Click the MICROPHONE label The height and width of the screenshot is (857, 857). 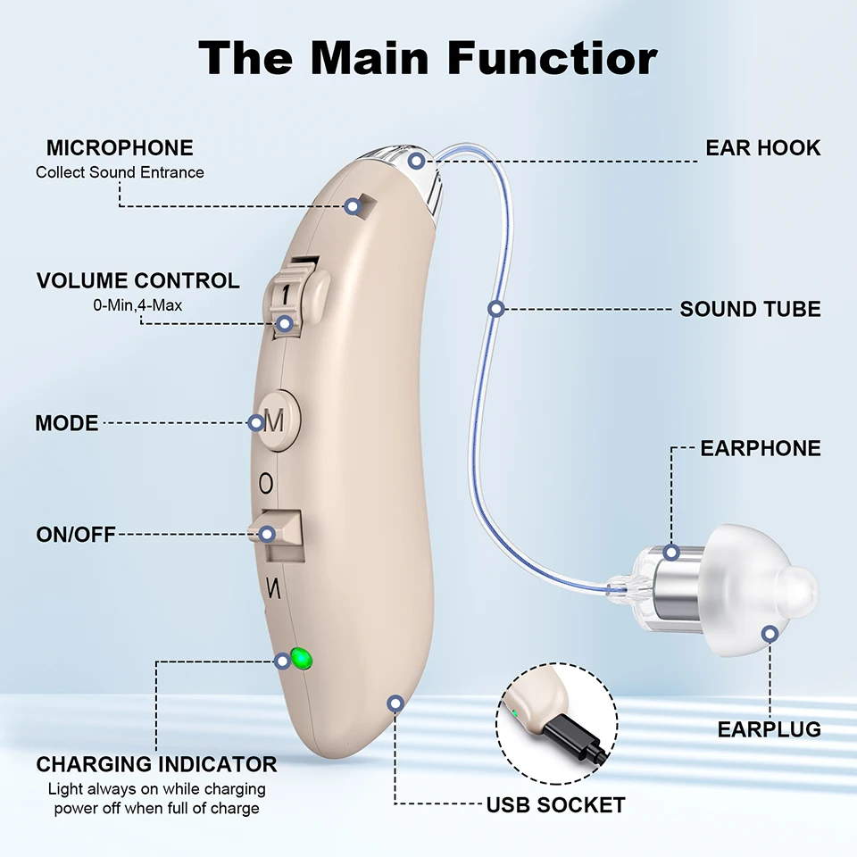pyautogui.click(x=120, y=147)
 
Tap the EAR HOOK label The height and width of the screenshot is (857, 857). pyautogui.click(x=762, y=147)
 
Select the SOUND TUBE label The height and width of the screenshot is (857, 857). pyautogui.click(x=750, y=309)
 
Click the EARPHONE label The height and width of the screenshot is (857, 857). pyautogui.click(x=760, y=448)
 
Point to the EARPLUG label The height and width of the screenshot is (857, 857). pyautogui.click(x=769, y=729)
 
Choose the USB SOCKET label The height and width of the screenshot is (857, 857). pyautogui.click(x=555, y=805)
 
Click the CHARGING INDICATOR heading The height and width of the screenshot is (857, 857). pyautogui.click(x=156, y=764)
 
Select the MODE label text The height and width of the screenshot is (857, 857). pyautogui.click(x=67, y=423)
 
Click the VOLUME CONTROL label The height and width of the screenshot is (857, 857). pyautogui.click(x=138, y=281)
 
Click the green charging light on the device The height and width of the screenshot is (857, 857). pyautogui.click(x=301, y=660)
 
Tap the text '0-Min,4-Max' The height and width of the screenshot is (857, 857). pyautogui.click(x=138, y=305)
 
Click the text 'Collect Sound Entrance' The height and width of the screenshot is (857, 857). pyautogui.click(x=120, y=172)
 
